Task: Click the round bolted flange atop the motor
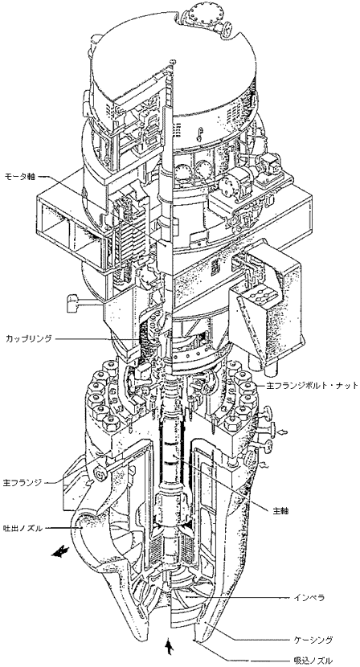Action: point(201,14)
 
